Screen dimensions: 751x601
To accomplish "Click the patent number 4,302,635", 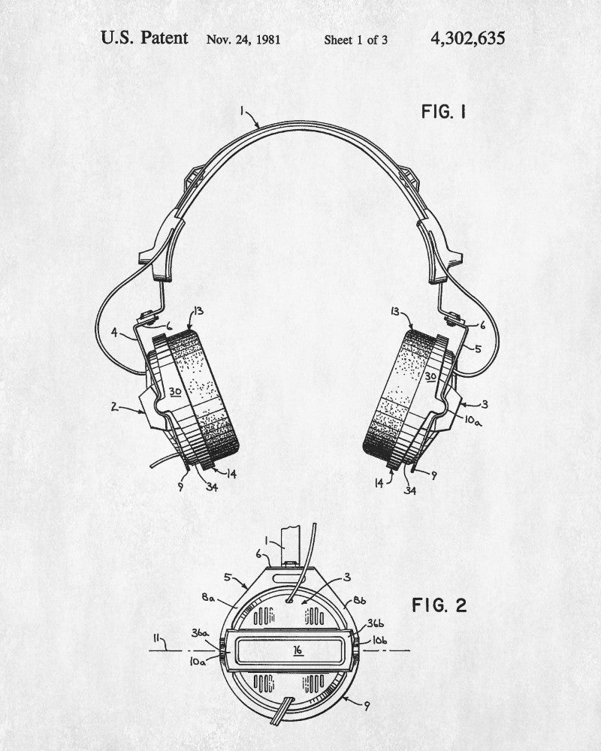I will click(x=468, y=38).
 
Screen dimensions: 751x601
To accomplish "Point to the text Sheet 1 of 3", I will click(x=355, y=39).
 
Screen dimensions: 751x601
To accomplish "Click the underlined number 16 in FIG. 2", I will click(x=298, y=650).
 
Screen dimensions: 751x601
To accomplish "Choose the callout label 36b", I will click(x=375, y=624).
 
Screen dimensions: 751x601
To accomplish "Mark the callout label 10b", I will click(x=380, y=640).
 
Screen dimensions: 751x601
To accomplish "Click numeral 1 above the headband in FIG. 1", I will click(x=242, y=111).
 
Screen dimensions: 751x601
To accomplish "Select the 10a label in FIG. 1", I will click(x=473, y=422).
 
